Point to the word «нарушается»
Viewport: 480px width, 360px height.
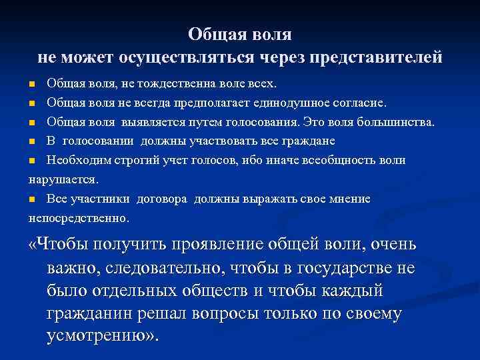[x=63, y=179]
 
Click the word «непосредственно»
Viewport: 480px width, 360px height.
[x=79, y=217]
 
